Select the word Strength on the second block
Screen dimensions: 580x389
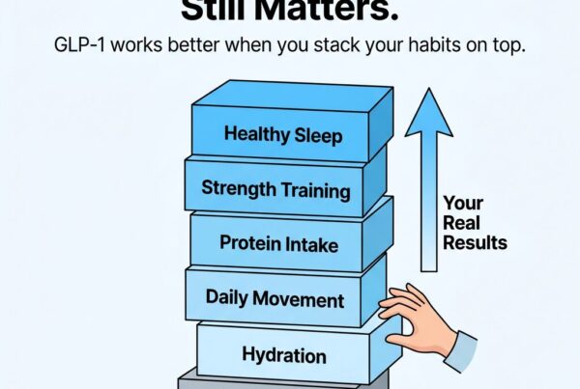(x=239, y=188)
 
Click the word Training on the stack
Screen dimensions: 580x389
(x=315, y=191)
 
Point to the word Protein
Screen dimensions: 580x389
(x=250, y=242)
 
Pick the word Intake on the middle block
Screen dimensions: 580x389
(x=311, y=245)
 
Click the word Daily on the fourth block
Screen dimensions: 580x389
(x=227, y=297)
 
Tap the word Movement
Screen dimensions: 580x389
(x=298, y=299)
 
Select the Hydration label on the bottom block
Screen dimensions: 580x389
(x=284, y=355)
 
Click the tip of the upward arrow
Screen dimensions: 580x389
(x=428, y=89)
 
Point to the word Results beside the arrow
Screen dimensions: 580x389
(x=475, y=242)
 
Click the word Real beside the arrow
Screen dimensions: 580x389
(x=461, y=223)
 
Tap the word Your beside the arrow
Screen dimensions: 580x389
(x=463, y=203)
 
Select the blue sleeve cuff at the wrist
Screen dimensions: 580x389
(x=460, y=351)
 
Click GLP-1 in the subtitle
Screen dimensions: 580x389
(x=79, y=45)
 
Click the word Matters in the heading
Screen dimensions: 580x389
(x=327, y=11)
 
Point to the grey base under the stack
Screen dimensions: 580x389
(x=283, y=382)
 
